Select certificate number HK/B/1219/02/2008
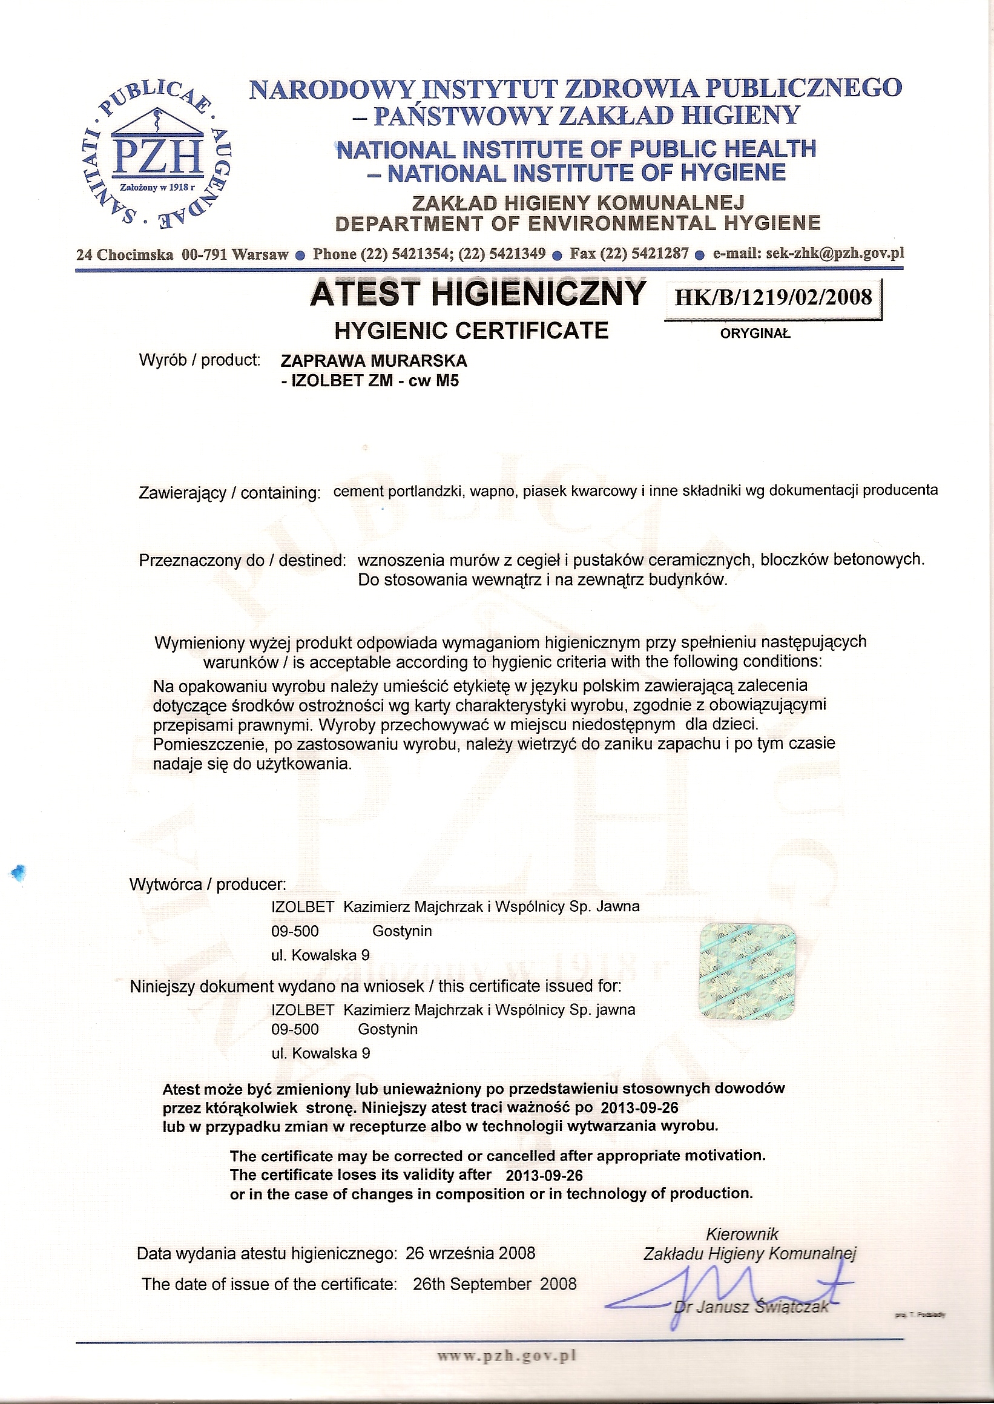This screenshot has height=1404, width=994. tap(773, 297)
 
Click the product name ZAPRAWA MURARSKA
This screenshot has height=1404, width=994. tap(374, 360)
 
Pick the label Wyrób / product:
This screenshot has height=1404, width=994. tap(200, 360)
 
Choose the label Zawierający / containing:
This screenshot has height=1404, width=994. tap(229, 493)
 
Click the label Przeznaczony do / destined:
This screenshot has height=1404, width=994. tap(242, 560)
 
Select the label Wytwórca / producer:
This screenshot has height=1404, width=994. tap(208, 885)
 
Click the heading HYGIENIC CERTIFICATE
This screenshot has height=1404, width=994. tap(472, 331)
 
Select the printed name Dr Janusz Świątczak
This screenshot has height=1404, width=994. tap(751, 1307)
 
